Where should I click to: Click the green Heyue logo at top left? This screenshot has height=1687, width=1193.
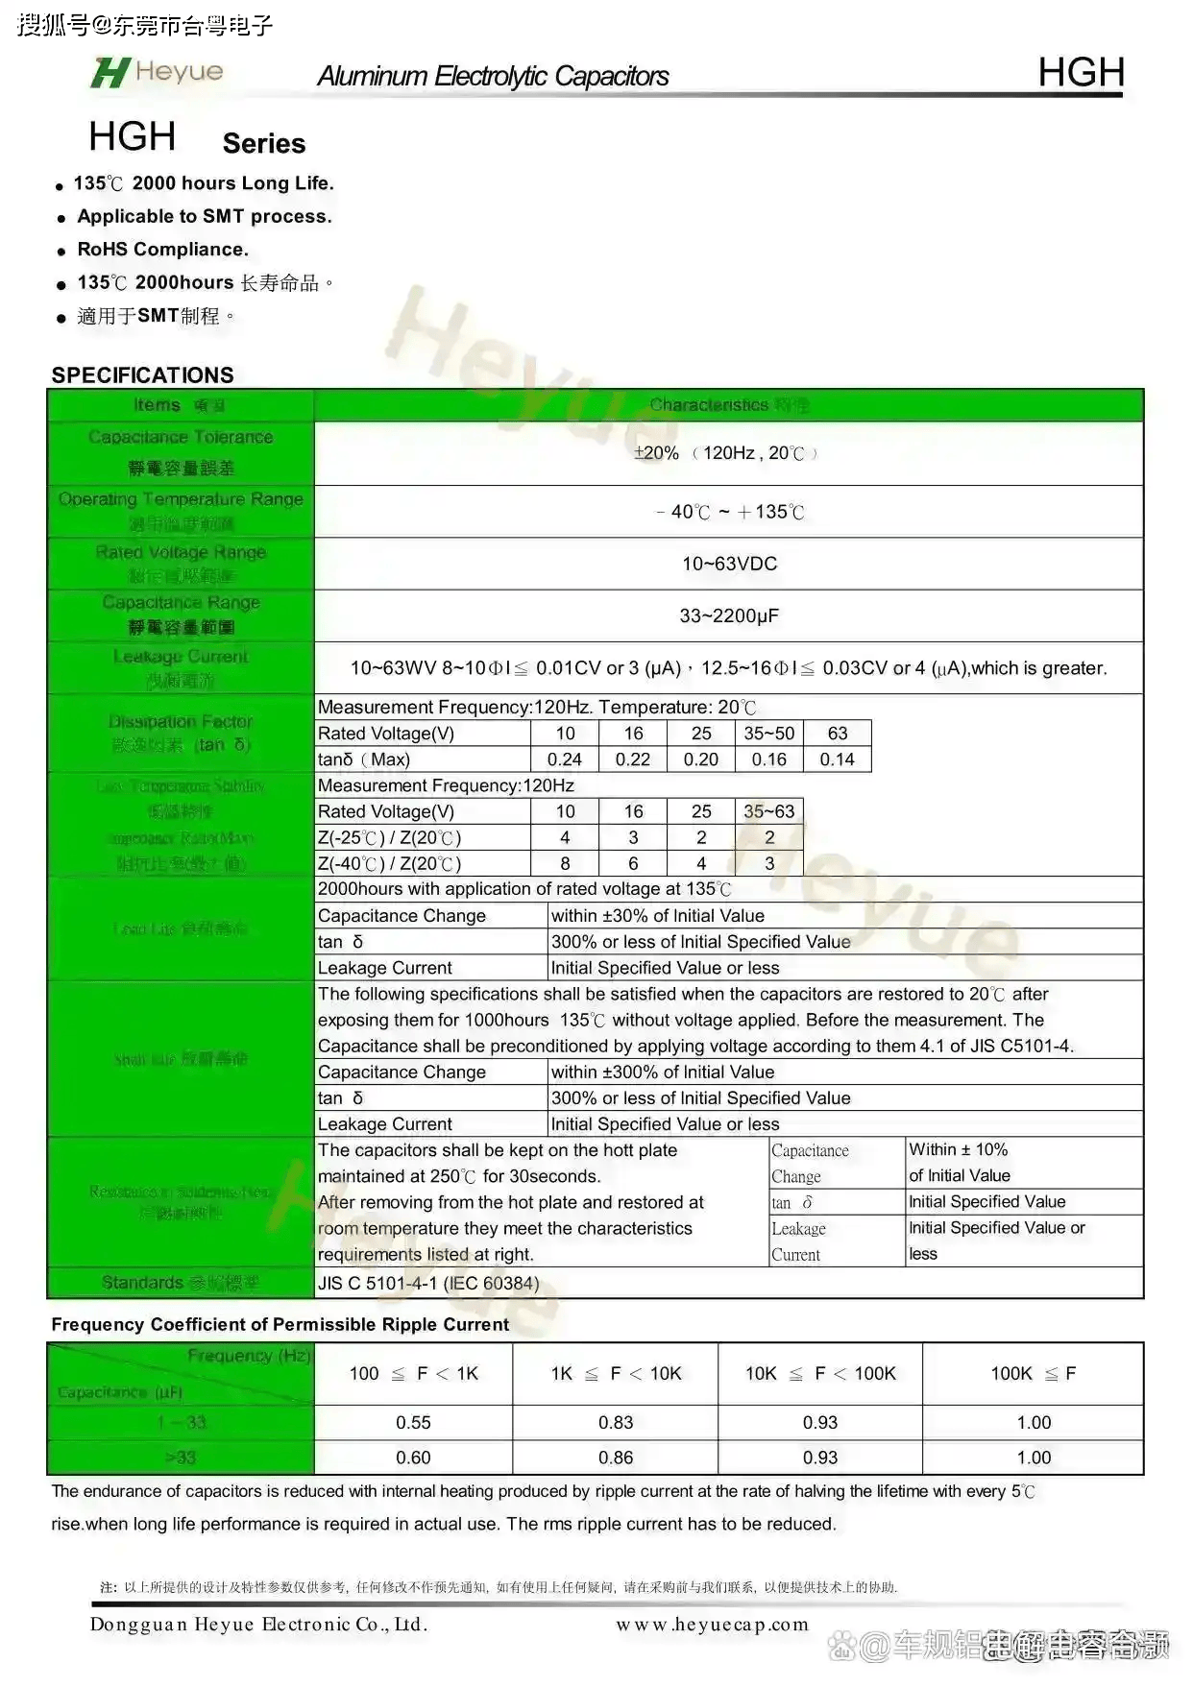(x=157, y=72)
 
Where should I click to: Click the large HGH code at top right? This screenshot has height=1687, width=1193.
(x=1081, y=72)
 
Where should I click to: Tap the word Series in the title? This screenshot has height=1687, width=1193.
(x=264, y=144)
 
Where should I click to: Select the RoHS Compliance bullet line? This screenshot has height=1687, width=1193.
(x=162, y=250)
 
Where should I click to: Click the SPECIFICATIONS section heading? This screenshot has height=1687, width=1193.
(x=142, y=374)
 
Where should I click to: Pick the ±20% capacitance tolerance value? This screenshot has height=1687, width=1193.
(x=657, y=453)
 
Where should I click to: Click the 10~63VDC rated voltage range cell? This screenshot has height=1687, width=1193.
(x=729, y=564)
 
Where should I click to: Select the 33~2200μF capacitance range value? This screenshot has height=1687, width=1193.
(x=729, y=615)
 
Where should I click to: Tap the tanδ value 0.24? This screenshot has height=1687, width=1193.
(x=565, y=759)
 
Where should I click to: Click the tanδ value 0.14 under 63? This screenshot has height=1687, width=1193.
(x=837, y=759)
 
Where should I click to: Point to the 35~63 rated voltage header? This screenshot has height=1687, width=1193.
(x=768, y=811)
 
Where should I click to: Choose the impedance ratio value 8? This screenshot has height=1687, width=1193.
(x=565, y=863)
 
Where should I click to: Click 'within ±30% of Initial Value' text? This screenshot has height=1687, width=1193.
(x=658, y=916)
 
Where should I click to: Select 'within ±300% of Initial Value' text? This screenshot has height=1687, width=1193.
(x=663, y=1072)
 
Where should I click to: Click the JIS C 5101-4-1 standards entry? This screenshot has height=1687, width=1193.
(x=428, y=1284)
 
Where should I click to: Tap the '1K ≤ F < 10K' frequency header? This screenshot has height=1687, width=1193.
(x=616, y=1374)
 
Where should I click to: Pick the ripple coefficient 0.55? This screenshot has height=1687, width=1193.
(x=413, y=1423)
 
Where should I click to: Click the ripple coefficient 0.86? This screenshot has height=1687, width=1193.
(x=616, y=1458)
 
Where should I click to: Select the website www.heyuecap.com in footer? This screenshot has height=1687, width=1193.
(x=712, y=1625)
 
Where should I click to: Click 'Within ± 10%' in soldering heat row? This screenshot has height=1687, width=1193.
(x=959, y=1150)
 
